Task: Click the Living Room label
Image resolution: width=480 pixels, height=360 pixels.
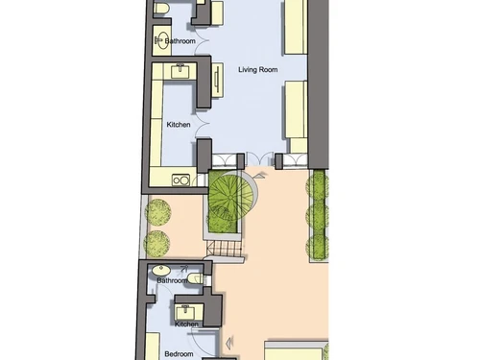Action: [x=257, y=70]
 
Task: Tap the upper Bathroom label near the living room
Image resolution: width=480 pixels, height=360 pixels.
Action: [x=180, y=42]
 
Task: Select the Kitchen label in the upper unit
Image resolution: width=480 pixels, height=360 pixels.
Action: [x=179, y=126]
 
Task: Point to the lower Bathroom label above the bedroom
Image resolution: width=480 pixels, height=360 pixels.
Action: [x=173, y=281]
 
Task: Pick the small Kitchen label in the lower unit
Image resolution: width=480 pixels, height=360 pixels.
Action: [x=186, y=324]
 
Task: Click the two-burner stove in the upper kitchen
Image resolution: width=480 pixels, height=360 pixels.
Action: [x=180, y=179]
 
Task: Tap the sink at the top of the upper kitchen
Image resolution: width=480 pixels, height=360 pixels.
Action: [x=180, y=69]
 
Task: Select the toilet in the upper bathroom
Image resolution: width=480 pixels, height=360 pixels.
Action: [x=162, y=9]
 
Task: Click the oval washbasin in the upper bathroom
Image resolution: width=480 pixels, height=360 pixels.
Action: [x=159, y=41]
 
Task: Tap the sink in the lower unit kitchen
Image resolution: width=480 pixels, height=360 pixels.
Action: [x=182, y=309]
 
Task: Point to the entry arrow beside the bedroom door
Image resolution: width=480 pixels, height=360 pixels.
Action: [x=230, y=342]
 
